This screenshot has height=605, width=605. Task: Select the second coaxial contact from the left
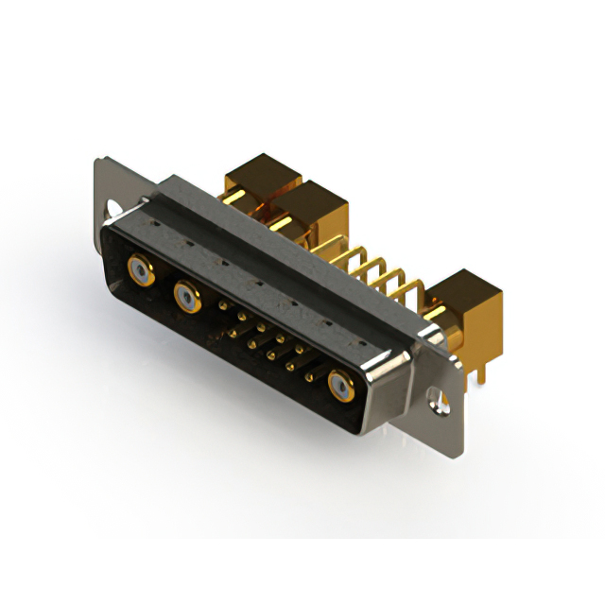185,298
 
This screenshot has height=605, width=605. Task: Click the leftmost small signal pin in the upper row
223,304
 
